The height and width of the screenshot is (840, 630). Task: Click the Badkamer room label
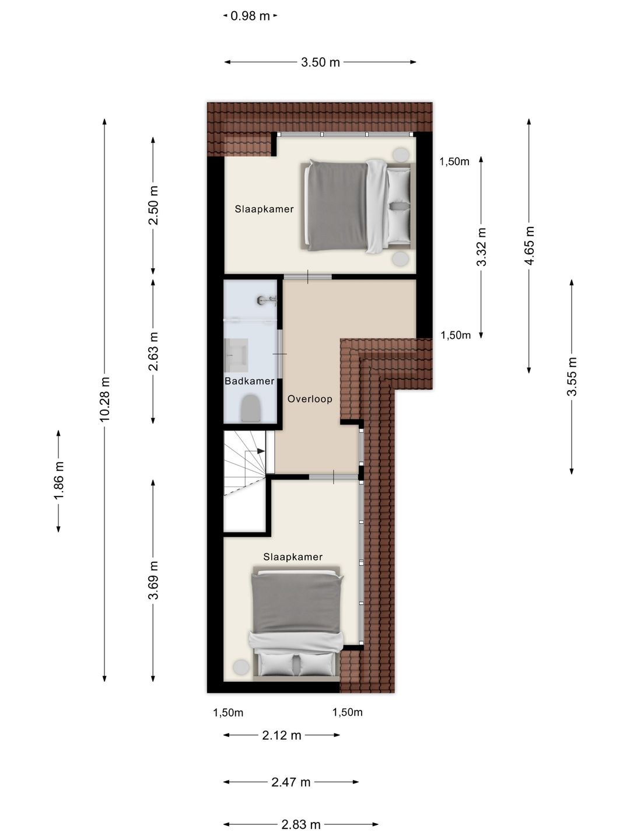click(249, 381)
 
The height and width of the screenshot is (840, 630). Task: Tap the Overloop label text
click(310, 399)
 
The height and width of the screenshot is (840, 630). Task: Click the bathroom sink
click(236, 355)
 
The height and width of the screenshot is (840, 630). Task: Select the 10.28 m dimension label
click(105, 399)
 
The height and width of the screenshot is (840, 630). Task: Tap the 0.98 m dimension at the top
click(250, 16)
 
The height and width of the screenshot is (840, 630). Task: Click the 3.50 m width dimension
click(320, 62)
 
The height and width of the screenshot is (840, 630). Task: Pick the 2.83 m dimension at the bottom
click(301, 824)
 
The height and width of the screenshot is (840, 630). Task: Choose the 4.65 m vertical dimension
click(529, 246)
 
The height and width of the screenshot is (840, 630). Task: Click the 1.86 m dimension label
click(59, 480)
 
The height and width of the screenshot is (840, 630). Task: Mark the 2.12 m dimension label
click(282, 735)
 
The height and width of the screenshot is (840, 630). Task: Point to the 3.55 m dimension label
click(572, 376)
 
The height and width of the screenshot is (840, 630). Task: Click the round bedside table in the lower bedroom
click(241, 666)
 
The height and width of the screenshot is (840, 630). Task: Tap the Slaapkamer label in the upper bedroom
click(264, 209)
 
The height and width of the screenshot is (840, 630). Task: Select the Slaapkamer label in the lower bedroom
click(293, 556)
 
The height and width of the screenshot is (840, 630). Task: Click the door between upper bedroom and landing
click(307, 276)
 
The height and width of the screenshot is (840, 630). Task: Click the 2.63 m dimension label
click(153, 351)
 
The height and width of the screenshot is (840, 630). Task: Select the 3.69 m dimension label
click(153, 580)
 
